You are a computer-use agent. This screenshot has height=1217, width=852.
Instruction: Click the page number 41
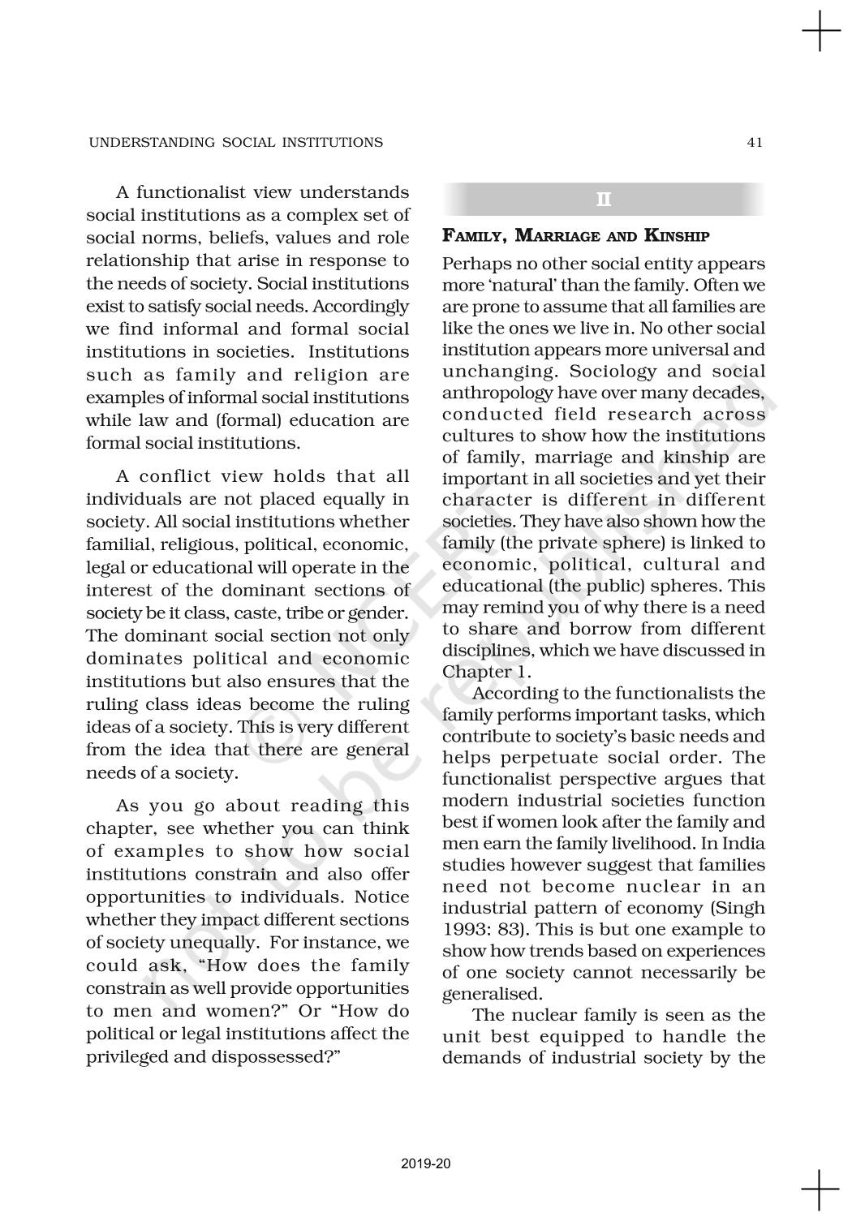point(755,143)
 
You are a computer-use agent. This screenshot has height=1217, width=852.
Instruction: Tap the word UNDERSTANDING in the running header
point(144,143)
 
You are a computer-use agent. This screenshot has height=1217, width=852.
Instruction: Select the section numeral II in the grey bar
point(604,200)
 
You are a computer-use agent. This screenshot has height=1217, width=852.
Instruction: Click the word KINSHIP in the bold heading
point(678,237)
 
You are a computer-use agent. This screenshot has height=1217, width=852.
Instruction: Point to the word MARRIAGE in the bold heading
point(559,237)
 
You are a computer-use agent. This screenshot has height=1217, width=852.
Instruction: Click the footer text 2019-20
point(426,1164)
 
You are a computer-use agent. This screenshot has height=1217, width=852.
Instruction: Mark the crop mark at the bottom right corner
point(820,1189)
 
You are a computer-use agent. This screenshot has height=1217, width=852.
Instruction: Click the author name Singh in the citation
point(745,908)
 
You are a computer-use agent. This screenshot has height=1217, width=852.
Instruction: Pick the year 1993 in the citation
point(465,930)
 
